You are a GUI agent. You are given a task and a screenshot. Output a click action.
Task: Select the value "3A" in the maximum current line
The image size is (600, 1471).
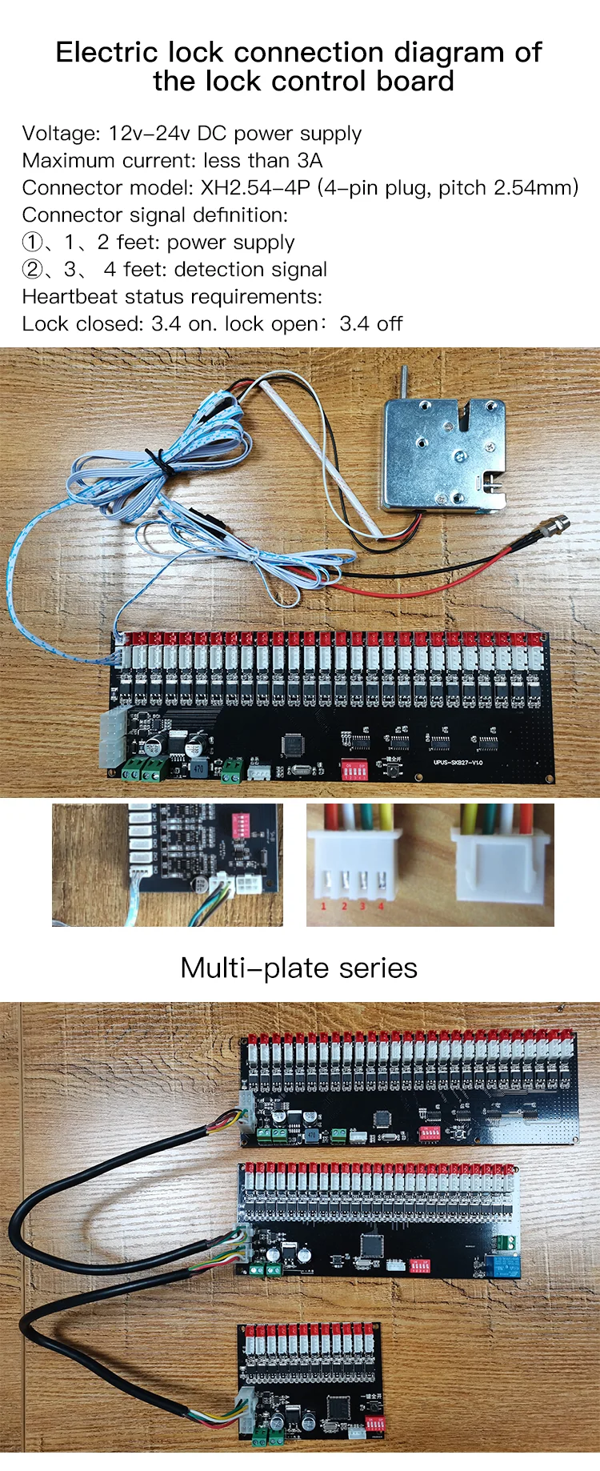tap(309, 161)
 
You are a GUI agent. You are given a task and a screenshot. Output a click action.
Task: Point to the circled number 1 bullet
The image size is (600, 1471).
tap(32, 242)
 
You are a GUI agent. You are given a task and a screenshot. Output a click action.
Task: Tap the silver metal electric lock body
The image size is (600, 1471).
tap(443, 453)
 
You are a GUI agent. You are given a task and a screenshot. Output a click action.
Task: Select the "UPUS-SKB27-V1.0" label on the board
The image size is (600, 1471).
tap(458, 763)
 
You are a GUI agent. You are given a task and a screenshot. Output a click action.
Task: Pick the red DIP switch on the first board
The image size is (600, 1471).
tap(354, 769)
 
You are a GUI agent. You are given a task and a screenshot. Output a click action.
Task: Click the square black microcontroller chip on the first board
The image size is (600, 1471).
tap(292, 744)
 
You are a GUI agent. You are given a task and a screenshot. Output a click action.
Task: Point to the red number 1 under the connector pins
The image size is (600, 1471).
tap(323, 906)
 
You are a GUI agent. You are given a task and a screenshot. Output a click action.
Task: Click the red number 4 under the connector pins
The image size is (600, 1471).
tap(381, 906)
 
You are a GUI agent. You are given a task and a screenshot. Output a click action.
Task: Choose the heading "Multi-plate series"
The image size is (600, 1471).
tap(299, 968)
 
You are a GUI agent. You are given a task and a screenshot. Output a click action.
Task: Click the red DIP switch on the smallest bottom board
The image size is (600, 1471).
tap(374, 1425)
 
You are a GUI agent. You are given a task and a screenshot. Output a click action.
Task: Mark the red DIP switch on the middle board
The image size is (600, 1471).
tap(420, 1266)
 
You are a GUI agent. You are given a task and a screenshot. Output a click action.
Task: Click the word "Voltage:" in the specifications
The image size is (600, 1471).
tap(61, 134)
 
